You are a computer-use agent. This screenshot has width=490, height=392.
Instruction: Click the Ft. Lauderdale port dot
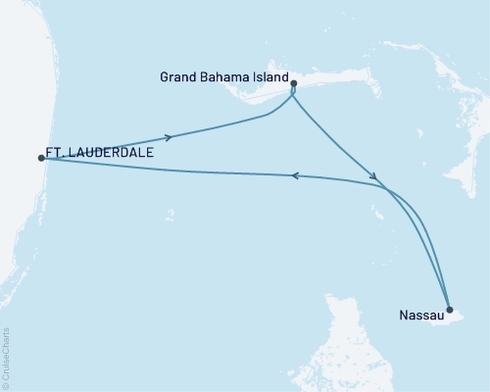pos(40,158)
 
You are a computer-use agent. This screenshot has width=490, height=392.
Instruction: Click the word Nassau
pos(420,317)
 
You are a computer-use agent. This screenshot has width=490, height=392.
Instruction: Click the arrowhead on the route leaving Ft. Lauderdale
pos(171,136)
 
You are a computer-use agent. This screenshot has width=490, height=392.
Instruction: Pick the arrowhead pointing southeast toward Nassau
pos(372,176)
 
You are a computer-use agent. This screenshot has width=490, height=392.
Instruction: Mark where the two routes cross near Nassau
pos(387,188)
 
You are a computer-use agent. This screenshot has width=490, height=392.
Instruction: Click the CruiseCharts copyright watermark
pos(6,359)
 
